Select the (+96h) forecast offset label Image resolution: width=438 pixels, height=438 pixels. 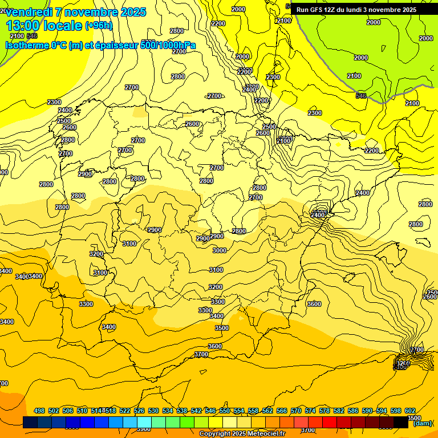99,26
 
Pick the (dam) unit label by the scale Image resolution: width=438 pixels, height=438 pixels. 423,423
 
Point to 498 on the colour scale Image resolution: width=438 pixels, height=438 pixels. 39,411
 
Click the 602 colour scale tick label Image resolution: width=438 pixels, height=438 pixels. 410,411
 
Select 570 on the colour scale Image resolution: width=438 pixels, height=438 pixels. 296,411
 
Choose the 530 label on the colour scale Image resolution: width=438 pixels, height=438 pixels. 153,411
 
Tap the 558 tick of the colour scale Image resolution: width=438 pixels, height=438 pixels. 253,411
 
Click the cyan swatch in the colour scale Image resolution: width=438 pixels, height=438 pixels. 144,423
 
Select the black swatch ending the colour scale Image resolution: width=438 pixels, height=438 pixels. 401,423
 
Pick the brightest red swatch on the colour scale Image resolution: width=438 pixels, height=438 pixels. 330,423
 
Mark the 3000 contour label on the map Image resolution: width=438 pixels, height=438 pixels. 219,250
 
